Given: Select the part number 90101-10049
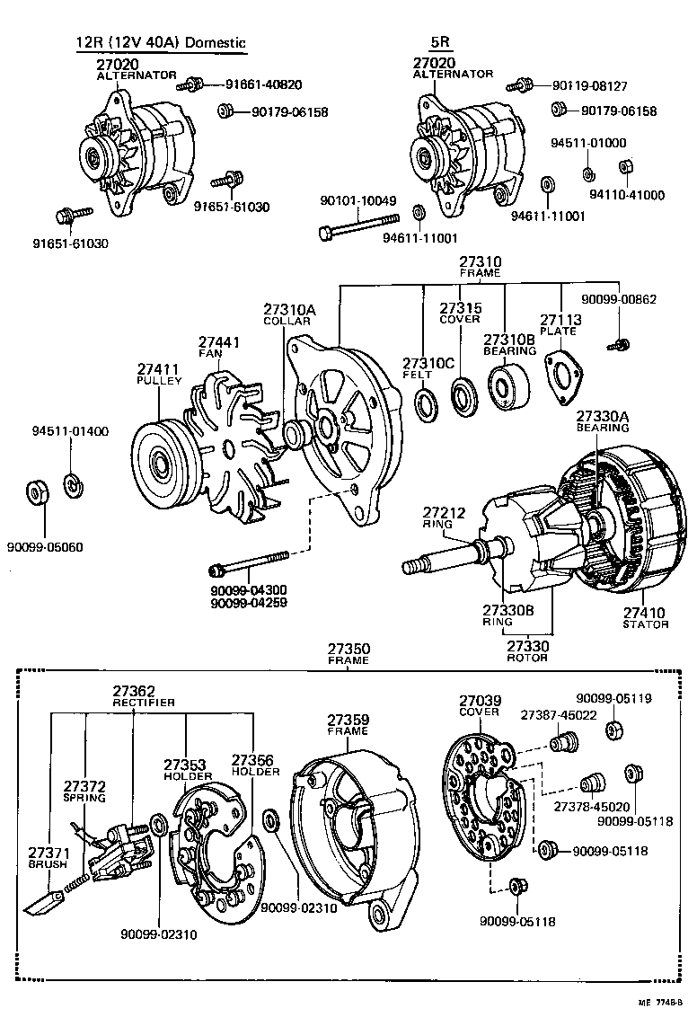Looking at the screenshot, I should [358, 200].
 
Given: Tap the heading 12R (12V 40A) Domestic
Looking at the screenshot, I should [161, 42].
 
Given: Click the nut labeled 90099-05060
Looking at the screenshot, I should [37, 492].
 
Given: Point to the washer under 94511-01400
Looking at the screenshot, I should [73, 485].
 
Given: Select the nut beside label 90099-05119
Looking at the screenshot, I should [615, 729].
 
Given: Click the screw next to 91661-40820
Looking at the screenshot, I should [190, 85].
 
